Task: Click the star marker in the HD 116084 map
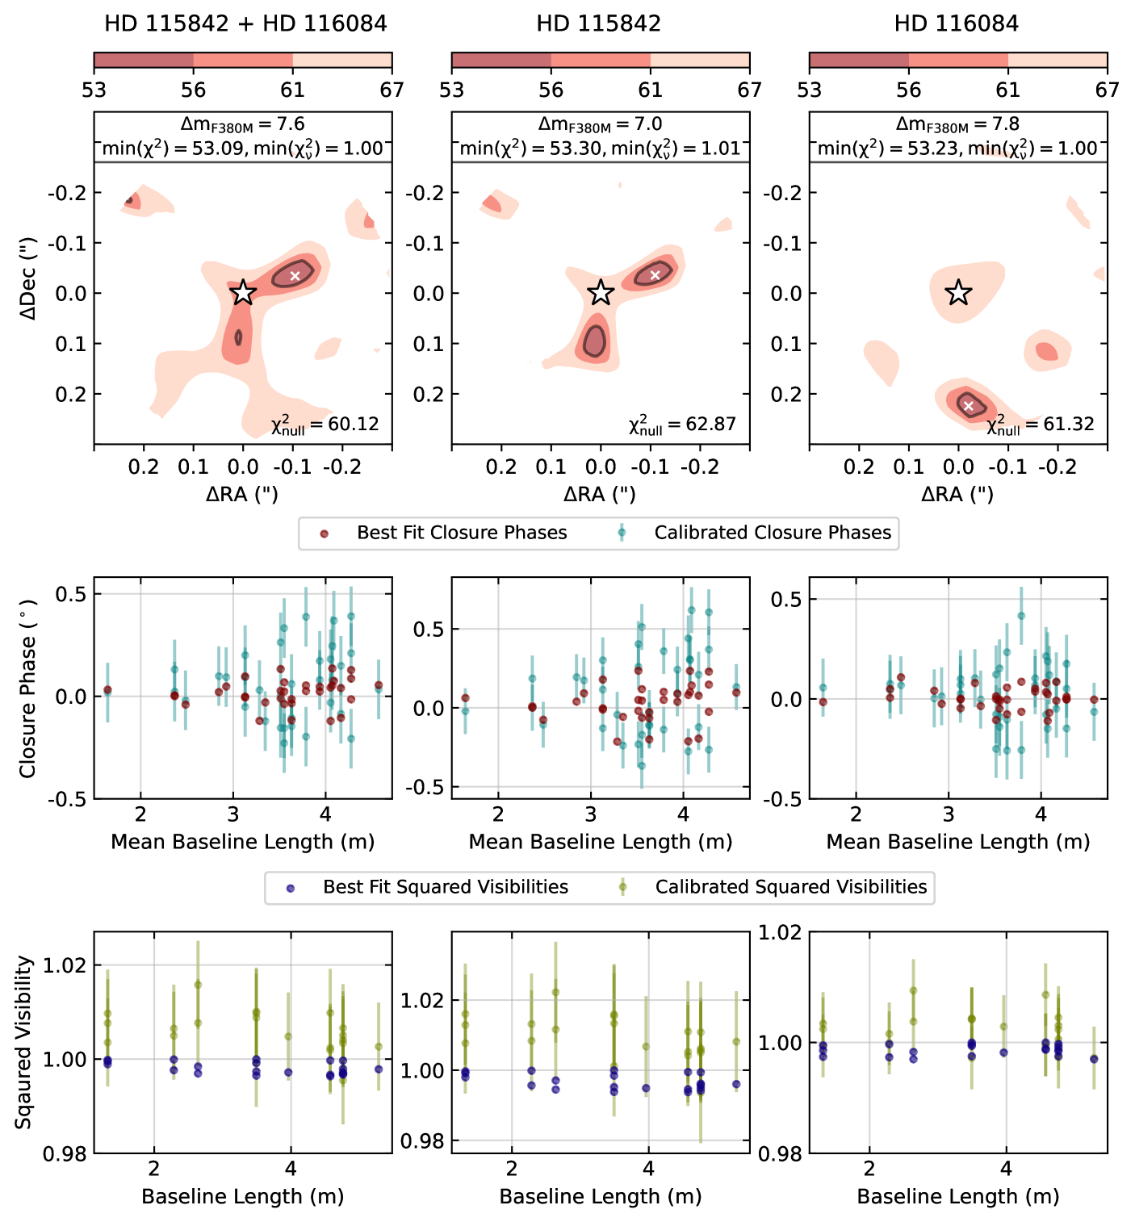pyautogui.click(x=957, y=292)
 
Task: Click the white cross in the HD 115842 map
pyautogui.click(x=655, y=275)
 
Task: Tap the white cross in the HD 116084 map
pyautogui.click(x=969, y=405)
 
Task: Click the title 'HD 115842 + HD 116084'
pyautogui.click(x=245, y=23)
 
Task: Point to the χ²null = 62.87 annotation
pyautogui.click(x=682, y=425)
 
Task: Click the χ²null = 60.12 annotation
pyautogui.click(x=325, y=425)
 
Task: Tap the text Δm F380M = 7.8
pyautogui.click(x=957, y=124)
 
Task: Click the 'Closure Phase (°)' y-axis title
pyautogui.click(x=28, y=688)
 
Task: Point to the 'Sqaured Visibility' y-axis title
pyautogui.click(x=24, y=1042)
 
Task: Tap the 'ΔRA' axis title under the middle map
pyautogui.click(x=599, y=494)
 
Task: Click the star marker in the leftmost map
pyautogui.click(x=243, y=292)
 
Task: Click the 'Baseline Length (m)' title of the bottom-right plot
pyautogui.click(x=957, y=1196)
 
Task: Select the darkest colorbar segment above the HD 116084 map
pyautogui.click(x=858, y=61)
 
